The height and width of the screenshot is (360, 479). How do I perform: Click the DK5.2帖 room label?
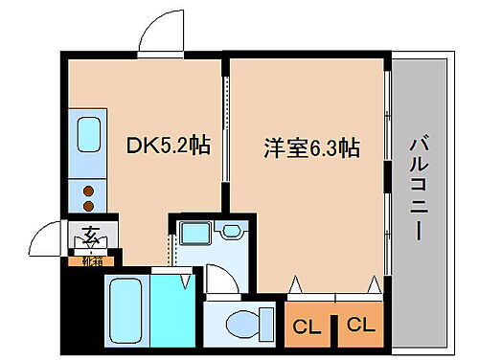point(170,147)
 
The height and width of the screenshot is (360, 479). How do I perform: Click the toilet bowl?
point(239,324)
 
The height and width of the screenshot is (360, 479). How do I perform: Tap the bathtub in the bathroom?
point(125,307)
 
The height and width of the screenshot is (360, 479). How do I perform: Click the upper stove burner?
point(89,188)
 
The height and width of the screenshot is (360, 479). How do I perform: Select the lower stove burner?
point(89,204)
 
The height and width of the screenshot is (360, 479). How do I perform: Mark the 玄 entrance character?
point(89,234)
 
